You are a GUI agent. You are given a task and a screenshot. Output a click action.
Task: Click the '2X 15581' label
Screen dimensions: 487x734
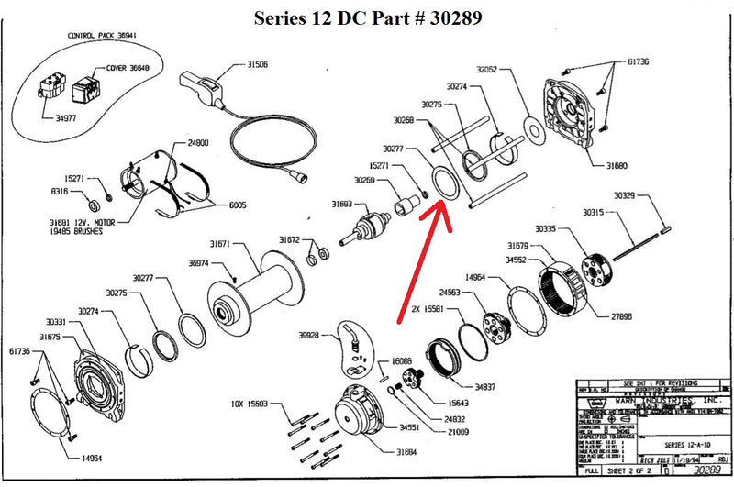click(428, 308)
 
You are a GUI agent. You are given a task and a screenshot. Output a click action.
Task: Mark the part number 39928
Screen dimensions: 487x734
click(308, 336)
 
